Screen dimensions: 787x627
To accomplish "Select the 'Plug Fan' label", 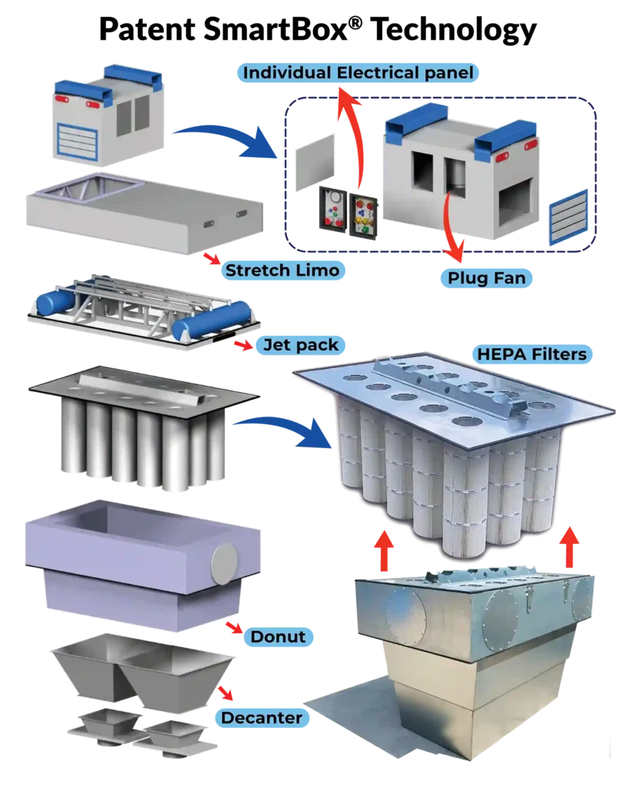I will (x=487, y=277).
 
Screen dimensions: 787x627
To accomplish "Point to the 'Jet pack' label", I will (x=301, y=345).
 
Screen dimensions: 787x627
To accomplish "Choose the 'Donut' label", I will (x=278, y=636).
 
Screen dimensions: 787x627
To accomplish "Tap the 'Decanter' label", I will (x=262, y=718).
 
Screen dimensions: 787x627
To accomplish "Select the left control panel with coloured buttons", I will (x=332, y=208).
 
